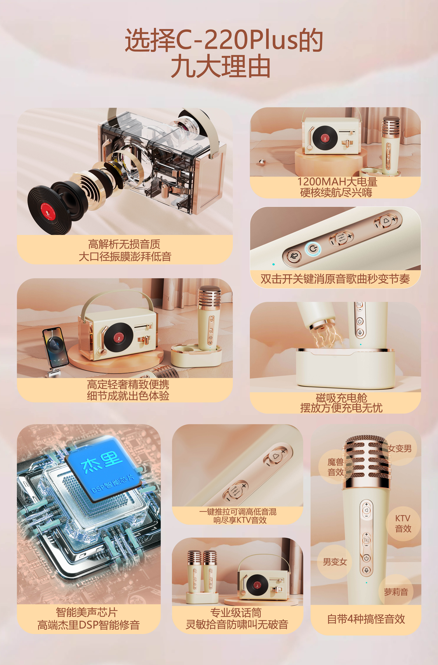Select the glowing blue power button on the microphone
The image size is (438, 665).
(x=313, y=248)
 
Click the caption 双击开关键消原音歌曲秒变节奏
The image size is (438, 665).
(x=335, y=279)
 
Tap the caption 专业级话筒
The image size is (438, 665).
(x=236, y=613)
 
